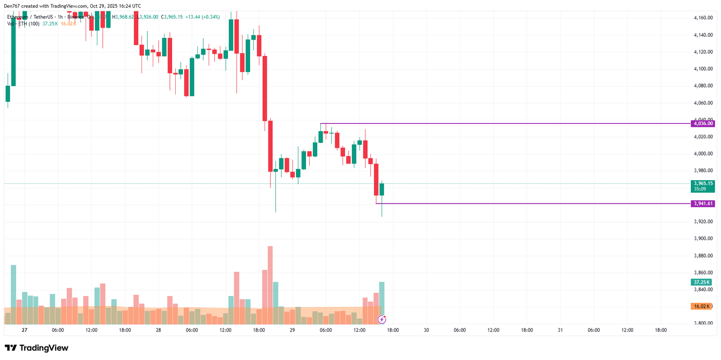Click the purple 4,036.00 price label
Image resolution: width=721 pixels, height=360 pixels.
703,123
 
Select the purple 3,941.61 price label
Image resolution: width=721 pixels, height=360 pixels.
703,204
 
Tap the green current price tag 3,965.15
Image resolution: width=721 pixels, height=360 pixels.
703,184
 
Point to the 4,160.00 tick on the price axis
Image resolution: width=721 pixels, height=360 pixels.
703,18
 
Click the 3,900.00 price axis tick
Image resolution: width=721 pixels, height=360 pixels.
703,239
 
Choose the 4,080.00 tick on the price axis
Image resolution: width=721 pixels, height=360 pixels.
703,86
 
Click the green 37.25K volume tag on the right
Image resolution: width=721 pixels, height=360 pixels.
701,283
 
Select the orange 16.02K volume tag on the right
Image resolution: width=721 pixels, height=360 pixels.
701,306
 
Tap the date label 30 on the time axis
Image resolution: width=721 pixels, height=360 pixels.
426,330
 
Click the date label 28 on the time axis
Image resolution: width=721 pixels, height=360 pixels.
158,330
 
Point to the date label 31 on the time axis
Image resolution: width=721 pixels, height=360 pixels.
560,330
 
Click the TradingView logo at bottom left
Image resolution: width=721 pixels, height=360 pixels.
37,348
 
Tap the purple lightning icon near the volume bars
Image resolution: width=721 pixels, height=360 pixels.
382,319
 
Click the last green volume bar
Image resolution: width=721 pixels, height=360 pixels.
382,303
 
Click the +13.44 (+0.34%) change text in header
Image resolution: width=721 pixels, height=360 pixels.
202,17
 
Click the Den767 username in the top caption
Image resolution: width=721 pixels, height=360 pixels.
12,6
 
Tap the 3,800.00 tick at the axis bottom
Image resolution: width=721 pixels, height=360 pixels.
703,323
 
